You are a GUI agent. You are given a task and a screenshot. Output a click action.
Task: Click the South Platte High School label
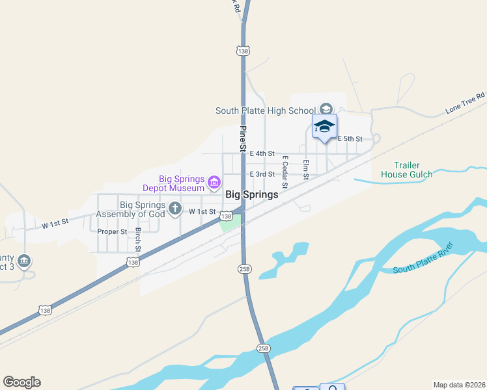pyautogui.click(x=266, y=110)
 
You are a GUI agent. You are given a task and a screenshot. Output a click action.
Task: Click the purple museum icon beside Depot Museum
pyautogui.click(x=214, y=180)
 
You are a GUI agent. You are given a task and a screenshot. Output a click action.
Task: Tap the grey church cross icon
pyautogui.click(x=174, y=208)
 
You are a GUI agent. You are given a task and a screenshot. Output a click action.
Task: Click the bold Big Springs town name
pyautogui.click(x=252, y=194)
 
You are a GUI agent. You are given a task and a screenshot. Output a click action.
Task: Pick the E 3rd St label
pyautogui.click(x=262, y=174)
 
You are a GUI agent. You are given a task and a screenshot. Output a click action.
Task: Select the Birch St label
pyautogui.click(x=138, y=240)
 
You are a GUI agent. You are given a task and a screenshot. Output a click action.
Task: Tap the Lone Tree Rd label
pyautogui.click(x=466, y=103)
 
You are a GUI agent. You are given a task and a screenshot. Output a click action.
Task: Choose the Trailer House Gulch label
pyautogui.click(x=407, y=170)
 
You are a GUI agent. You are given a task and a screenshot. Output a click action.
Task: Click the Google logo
pyautogui.click(x=21, y=382)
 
